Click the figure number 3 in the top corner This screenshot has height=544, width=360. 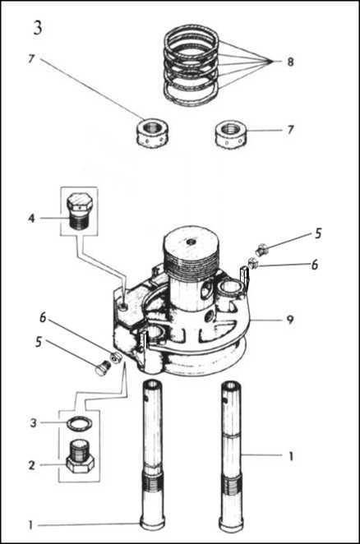(x=38, y=28)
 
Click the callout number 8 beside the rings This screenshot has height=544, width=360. (x=290, y=62)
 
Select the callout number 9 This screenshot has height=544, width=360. (x=290, y=319)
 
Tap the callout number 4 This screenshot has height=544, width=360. (x=31, y=219)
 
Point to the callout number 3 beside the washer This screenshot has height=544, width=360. (x=34, y=423)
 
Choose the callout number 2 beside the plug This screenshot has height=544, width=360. (x=31, y=465)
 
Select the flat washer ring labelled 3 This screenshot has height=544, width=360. (x=81, y=423)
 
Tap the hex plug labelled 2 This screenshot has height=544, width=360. (x=80, y=455)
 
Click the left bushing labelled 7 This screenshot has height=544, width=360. (x=151, y=133)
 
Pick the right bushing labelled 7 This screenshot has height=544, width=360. (x=230, y=134)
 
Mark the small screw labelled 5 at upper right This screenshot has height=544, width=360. (x=261, y=249)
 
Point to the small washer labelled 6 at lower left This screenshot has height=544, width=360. (x=115, y=357)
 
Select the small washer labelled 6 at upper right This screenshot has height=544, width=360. (x=253, y=264)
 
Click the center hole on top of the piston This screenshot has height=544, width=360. (x=191, y=242)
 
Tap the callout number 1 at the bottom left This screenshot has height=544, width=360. (x=31, y=525)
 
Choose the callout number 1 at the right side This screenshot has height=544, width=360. (x=291, y=456)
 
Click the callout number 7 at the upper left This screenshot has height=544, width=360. (x=31, y=59)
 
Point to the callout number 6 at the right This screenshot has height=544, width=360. (x=315, y=265)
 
